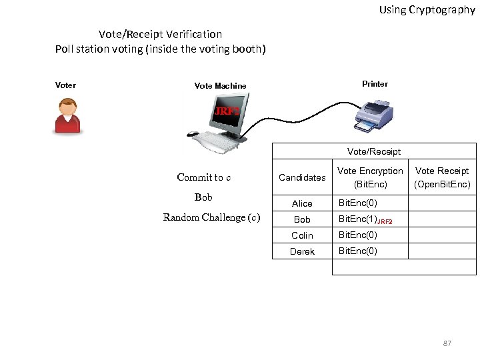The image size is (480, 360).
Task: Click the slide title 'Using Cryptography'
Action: tap(427, 10)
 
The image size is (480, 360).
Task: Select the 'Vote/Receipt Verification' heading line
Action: tap(160, 34)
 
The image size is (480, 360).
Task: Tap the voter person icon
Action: tap(67, 116)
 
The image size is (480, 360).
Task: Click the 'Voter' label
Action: tap(65, 85)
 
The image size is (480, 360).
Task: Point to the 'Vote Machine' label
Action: tap(220, 86)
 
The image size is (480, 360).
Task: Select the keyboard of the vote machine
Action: tap(215, 141)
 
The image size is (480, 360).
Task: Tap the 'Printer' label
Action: tap(375, 84)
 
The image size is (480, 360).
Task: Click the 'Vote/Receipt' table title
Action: tap(374, 151)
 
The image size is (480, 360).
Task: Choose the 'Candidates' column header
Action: tap(302, 177)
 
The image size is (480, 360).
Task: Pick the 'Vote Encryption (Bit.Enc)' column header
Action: tap(370, 177)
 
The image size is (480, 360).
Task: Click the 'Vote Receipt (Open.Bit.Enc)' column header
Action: tap(442, 177)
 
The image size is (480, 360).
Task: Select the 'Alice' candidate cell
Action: tap(302, 203)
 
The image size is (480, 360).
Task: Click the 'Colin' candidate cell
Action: tap(302, 235)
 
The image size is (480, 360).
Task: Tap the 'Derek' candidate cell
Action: tap(302, 251)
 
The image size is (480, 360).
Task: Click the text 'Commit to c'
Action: tap(204, 177)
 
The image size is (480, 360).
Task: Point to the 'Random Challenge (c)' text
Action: tap(212, 217)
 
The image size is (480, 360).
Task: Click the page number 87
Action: tap(447, 343)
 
